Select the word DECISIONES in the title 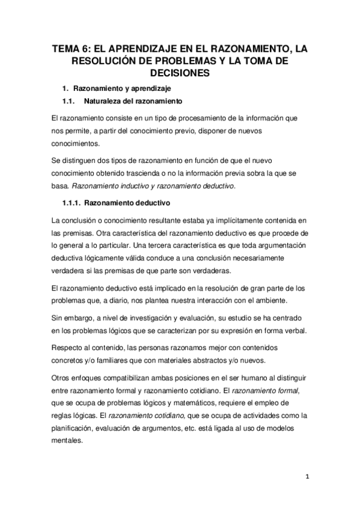pos(180,73)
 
